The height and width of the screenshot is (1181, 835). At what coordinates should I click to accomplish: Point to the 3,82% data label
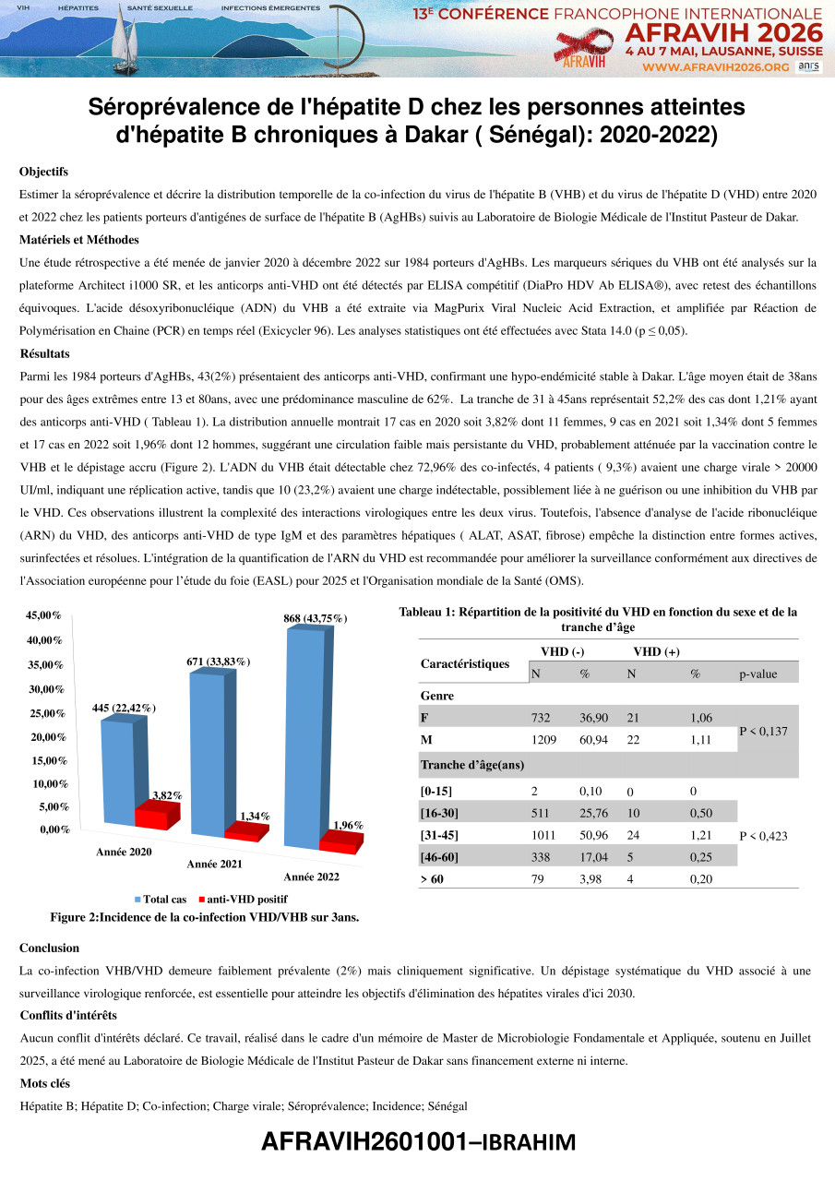point(167,794)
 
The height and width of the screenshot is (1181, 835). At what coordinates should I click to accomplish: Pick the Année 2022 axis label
point(311,877)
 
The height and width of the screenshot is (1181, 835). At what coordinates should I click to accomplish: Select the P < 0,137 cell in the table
point(768,731)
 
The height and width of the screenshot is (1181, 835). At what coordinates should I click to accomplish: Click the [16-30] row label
point(439,813)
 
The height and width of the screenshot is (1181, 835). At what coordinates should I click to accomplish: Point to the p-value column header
point(758,674)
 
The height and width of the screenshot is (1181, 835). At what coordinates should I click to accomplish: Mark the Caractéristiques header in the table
point(465,663)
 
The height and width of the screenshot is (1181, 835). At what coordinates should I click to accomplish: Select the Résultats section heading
point(44,353)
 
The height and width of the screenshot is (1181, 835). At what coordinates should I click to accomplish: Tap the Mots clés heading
point(45,1083)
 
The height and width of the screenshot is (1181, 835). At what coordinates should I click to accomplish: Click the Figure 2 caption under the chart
point(205,917)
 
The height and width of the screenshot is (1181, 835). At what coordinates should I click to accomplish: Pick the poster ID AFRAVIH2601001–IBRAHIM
point(418,1142)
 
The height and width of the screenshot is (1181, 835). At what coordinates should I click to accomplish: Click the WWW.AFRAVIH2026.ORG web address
point(715,67)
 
